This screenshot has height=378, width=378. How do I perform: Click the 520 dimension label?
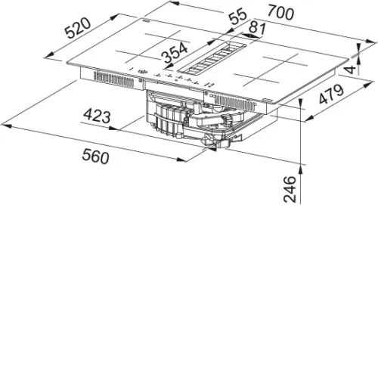(x=78, y=28)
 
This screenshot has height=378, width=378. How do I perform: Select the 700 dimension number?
(x=280, y=12)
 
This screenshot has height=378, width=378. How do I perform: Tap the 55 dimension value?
(x=237, y=16)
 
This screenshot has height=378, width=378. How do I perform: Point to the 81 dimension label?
(x=257, y=29)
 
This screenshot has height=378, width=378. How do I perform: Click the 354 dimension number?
(x=175, y=52)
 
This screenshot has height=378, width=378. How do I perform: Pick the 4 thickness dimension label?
(x=352, y=69)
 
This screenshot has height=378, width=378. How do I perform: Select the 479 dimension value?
(x=332, y=94)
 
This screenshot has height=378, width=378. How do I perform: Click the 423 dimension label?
(x=97, y=116)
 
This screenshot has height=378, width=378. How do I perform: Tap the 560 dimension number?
(x=95, y=156)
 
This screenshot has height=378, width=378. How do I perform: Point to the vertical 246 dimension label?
(x=290, y=189)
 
